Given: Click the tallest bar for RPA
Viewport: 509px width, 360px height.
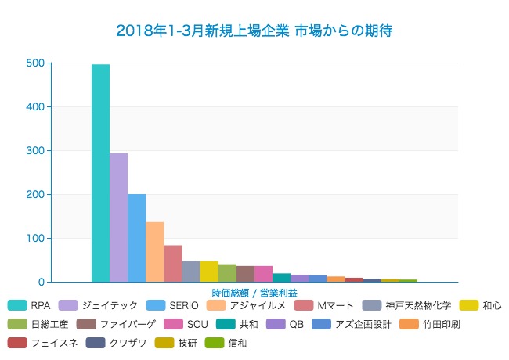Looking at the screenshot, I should [100, 173].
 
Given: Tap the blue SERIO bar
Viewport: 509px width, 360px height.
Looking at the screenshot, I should [136, 238].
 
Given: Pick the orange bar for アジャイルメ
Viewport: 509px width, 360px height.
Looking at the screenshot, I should [154, 252].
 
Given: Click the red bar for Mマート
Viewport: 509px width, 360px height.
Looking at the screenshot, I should [173, 264].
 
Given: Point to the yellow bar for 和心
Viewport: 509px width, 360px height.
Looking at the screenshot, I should [209, 272].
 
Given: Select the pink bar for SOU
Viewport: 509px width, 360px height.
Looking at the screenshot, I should [263, 274].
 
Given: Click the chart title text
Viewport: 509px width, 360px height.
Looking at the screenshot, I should [254, 31].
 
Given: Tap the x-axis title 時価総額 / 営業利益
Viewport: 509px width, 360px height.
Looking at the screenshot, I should [254, 292].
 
